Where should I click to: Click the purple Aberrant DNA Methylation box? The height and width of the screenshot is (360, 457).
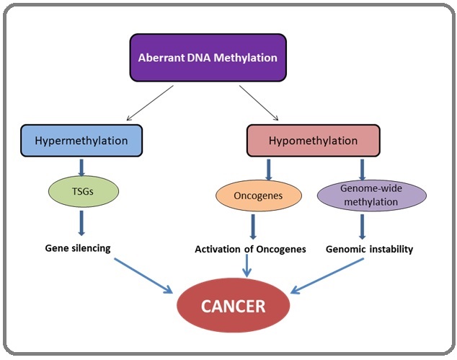[x=208, y=58]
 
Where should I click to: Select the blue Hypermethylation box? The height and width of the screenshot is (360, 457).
[x=81, y=141]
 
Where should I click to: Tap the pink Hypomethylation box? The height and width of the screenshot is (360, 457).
[x=314, y=141]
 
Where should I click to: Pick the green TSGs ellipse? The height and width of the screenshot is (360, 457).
[x=84, y=191]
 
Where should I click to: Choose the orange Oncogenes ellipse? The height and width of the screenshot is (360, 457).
[x=259, y=196]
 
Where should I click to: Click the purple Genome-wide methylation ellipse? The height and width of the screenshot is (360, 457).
[x=372, y=196]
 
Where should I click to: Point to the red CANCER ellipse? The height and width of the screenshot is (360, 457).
[x=233, y=305]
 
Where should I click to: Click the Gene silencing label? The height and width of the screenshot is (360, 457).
[x=78, y=248]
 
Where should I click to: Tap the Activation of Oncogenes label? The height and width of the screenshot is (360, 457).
[x=250, y=249]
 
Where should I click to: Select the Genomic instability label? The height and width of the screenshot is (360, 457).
[x=369, y=249]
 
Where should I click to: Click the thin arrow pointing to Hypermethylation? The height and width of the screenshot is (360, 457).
[x=150, y=102]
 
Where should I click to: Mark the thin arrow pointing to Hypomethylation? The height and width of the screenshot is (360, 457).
[x=259, y=102]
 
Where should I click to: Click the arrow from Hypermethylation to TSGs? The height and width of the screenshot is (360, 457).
[x=81, y=168]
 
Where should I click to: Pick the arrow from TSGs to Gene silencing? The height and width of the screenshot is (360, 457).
[x=81, y=223]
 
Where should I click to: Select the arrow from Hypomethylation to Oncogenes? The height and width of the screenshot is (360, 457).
[x=268, y=170]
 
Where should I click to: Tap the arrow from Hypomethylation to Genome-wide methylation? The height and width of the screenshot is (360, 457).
[x=363, y=170]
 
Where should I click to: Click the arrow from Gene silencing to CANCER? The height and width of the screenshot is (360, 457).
[x=143, y=276]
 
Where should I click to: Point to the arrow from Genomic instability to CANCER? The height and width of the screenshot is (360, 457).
[x=327, y=276]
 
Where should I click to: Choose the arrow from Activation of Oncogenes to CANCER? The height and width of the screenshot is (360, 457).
[x=247, y=265]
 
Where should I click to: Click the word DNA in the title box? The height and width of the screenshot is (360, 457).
[x=200, y=58]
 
